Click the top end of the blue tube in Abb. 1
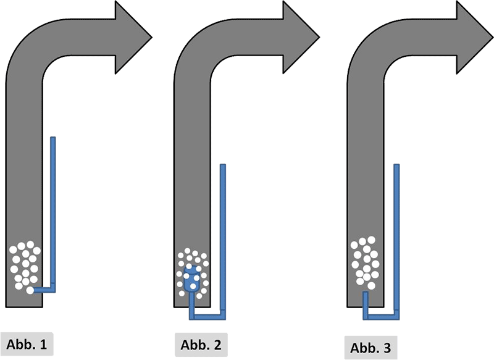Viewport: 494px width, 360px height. (52, 138)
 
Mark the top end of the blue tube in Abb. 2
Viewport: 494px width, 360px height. (223, 166)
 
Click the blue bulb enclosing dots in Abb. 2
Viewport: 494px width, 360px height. (192, 280)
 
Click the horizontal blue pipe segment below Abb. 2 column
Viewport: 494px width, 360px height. (207, 317)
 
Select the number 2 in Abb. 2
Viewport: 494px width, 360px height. (217, 343)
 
